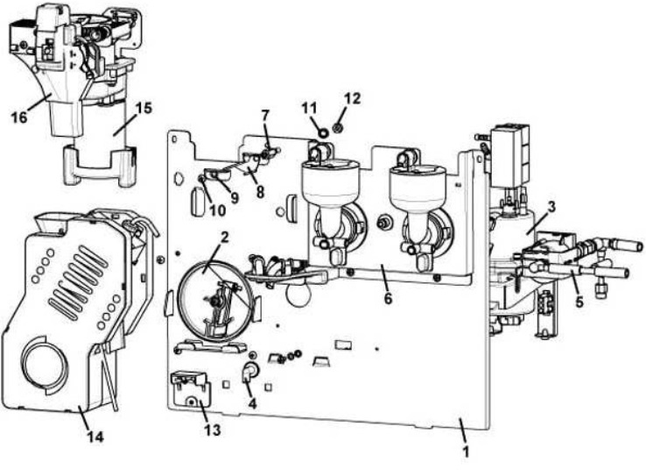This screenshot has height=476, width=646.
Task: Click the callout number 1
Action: pyautogui.click(x=466, y=453)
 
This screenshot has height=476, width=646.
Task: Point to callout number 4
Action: pyautogui.click(x=252, y=405)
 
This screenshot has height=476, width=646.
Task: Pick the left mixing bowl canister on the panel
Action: pyautogui.click(x=326, y=197)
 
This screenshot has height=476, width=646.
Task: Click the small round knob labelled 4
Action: pyautogui.click(x=248, y=374)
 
